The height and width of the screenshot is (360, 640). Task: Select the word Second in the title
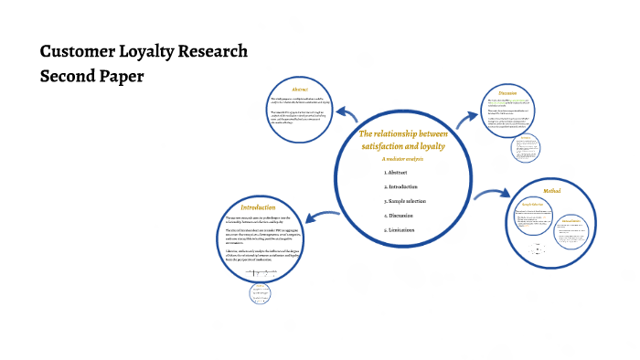click(x=69, y=77)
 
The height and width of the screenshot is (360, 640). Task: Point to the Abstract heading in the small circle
click(x=299, y=88)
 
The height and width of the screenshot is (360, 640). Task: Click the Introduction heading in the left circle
click(x=258, y=207)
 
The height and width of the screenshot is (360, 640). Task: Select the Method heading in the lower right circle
click(x=551, y=191)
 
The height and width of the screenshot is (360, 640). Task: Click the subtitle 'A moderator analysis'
click(x=403, y=159)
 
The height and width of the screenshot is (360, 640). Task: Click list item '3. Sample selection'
click(x=406, y=201)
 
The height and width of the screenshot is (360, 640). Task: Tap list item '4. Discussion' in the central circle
click(x=400, y=216)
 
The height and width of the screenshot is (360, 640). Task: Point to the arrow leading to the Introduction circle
click(x=308, y=218)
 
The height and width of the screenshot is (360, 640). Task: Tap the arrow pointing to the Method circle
click(x=494, y=193)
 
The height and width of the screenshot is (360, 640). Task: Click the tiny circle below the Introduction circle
click(x=261, y=292)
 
